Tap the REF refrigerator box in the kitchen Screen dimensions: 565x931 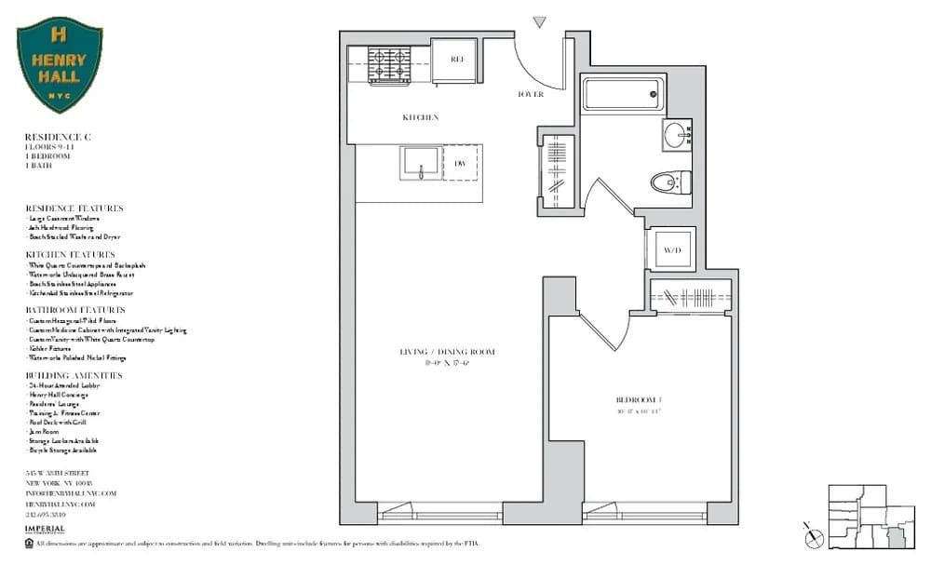(x=457, y=60)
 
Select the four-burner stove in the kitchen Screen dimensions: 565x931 (x=389, y=65)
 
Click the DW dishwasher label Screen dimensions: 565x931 (x=460, y=164)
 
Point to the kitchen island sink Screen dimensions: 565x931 (x=421, y=163)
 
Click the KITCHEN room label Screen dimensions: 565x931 (x=420, y=118)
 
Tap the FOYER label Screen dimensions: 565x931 (x=530, y=94)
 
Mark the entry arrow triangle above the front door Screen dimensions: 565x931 (x=539, y=21)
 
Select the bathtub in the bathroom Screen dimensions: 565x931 (x=623, y=94)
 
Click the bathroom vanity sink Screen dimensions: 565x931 (x=678, y=136)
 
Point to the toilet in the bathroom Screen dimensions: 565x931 (x=669, y=182)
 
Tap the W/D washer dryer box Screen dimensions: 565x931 (x=670, y=249)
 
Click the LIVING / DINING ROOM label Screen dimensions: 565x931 (x=448, y=352)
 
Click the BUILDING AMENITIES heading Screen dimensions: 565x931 (x=74, y=375)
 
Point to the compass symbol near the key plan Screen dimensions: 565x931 (x=813, y=534)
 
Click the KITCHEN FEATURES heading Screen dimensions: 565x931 (x=70, y=254)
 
